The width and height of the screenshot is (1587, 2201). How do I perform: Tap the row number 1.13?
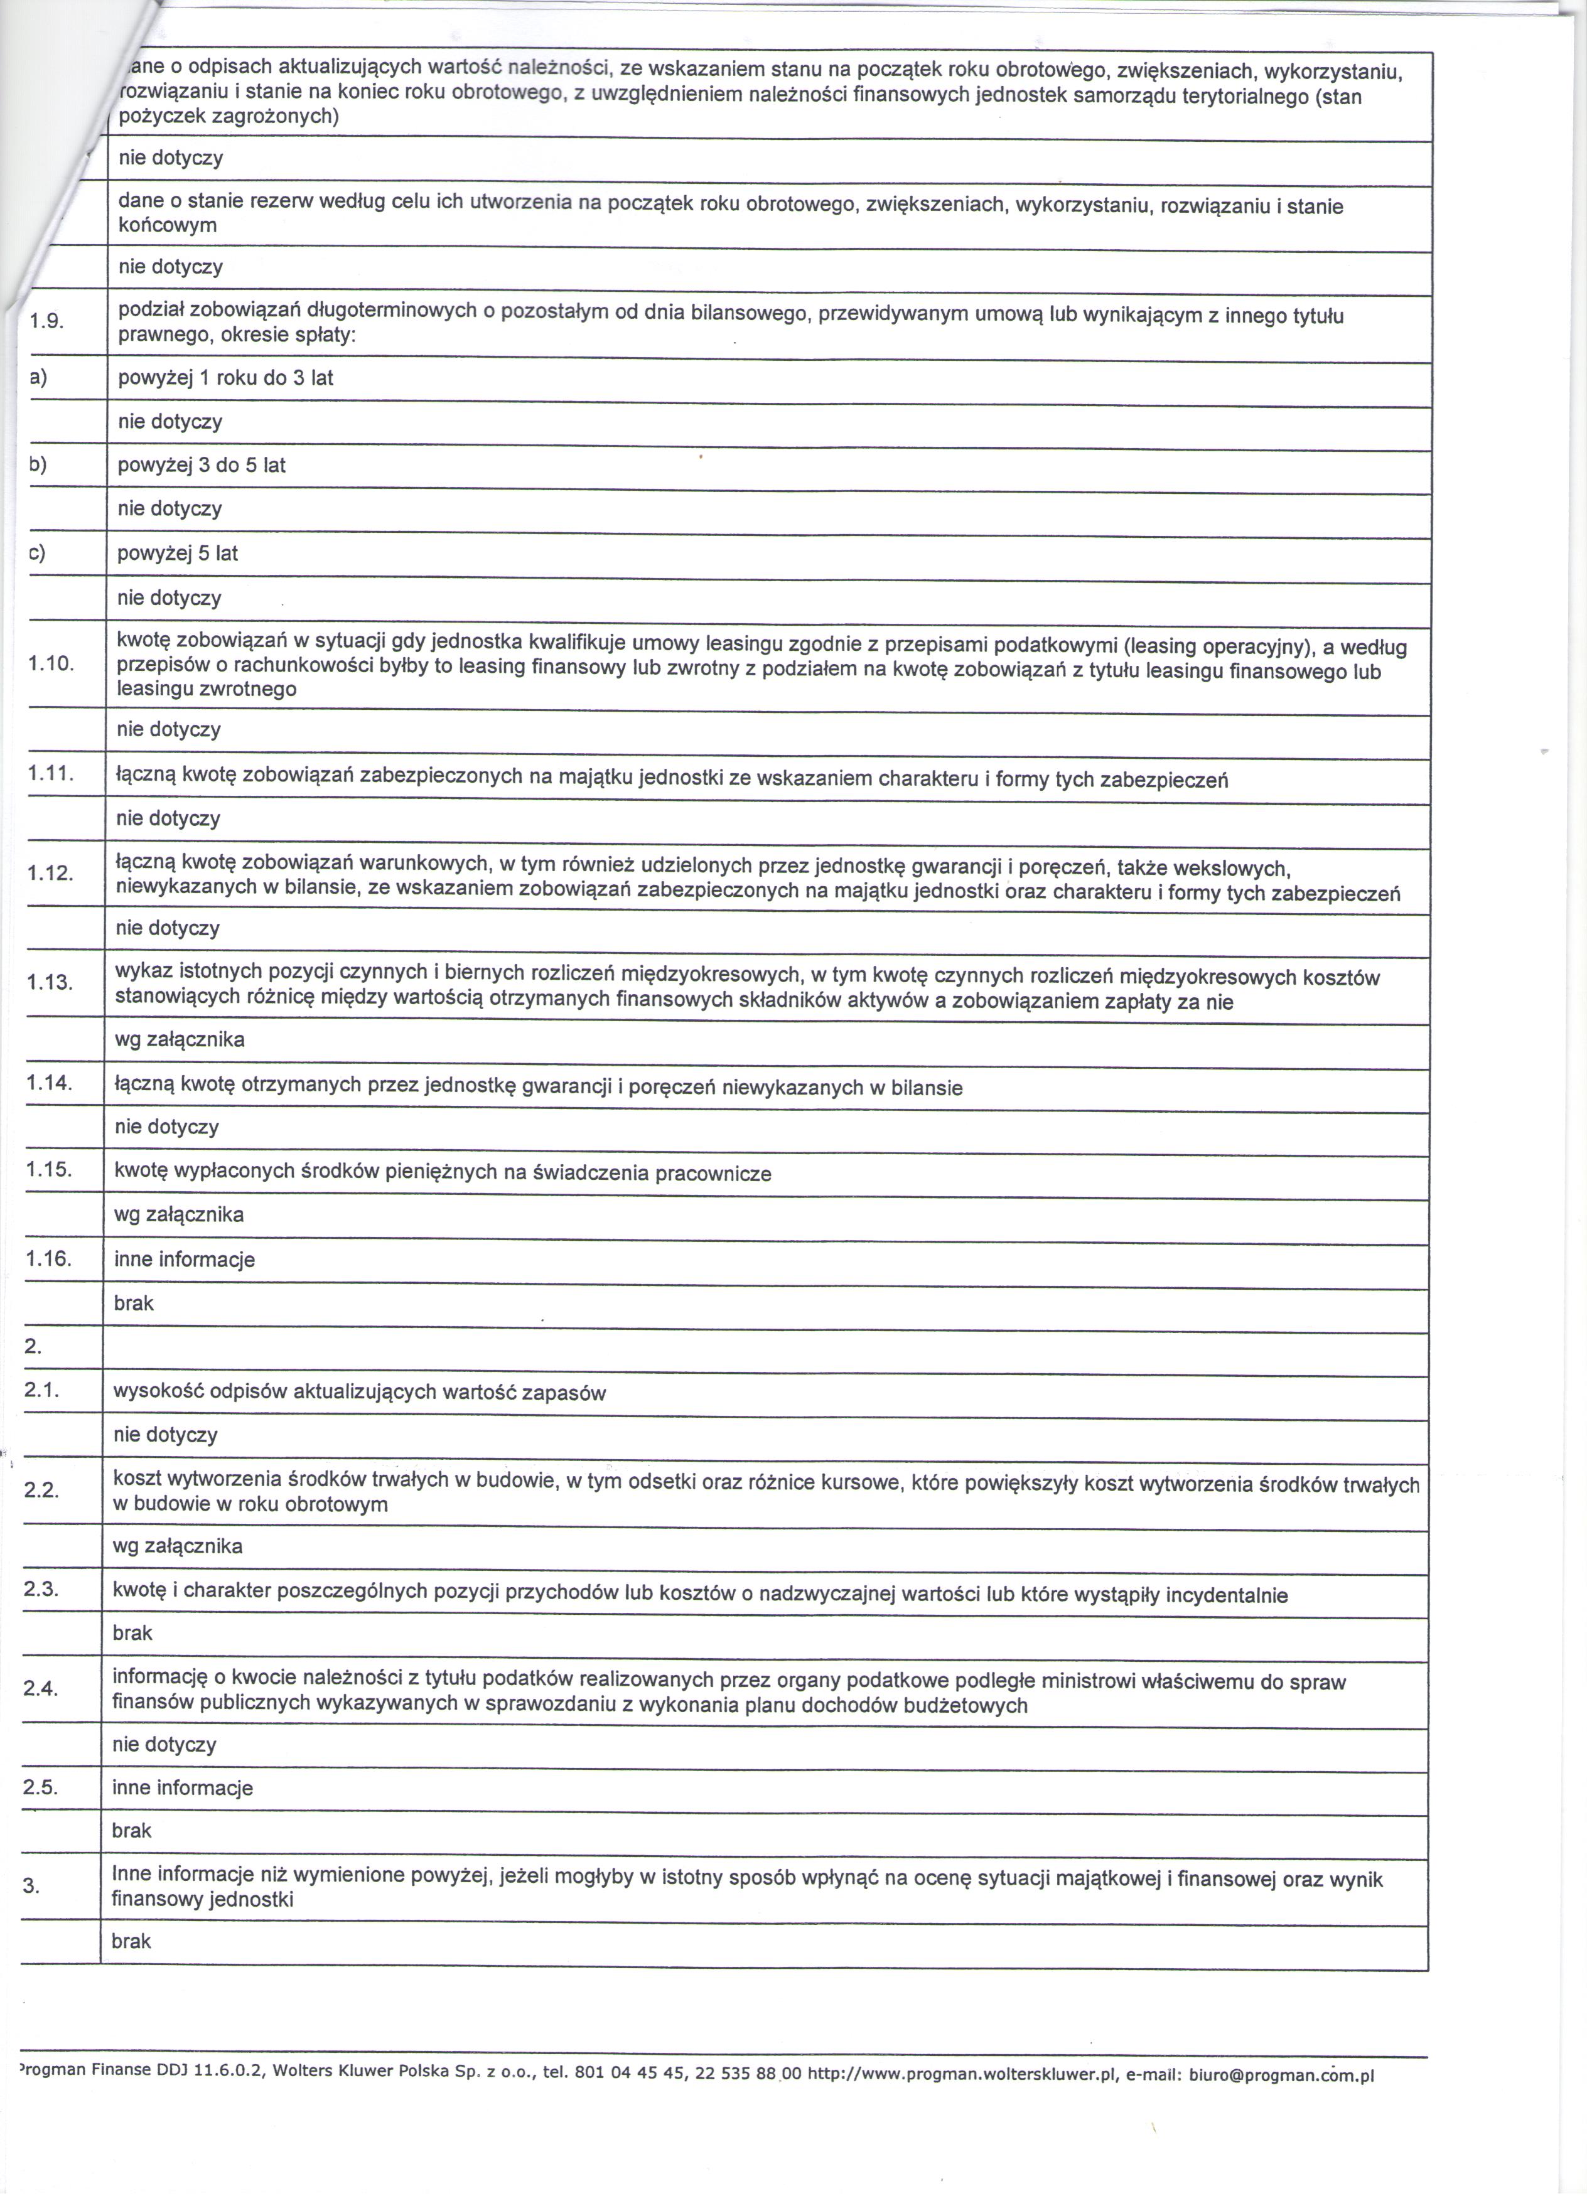50,982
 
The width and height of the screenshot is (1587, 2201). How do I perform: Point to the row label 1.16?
48,1259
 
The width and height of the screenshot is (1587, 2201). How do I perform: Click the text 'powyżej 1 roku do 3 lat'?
225,378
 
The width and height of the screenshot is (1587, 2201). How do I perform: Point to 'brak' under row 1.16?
134,1304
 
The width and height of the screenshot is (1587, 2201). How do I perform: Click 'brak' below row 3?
132,1941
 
